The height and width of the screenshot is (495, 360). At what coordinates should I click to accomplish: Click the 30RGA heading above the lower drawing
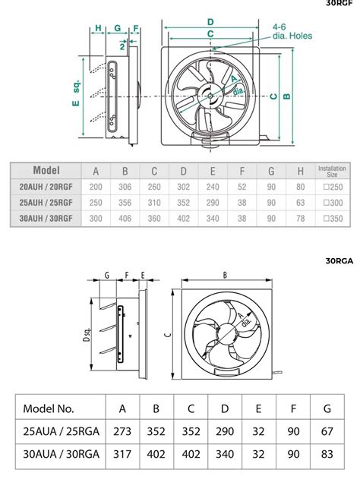pos(339,261)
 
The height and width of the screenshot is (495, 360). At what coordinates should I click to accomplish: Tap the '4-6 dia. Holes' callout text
pos(292,32)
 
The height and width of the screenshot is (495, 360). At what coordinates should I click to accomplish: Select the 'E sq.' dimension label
pos(76,93)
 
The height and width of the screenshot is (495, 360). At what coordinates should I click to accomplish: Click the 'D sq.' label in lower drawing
pos(87,334)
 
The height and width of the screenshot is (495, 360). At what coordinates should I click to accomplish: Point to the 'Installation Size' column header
pos(332,171)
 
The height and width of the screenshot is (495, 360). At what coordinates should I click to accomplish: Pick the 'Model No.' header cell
pos(49,408)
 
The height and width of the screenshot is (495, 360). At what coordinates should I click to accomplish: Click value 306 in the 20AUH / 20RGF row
pos(125,187)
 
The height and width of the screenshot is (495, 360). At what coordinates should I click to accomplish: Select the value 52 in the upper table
pos(242,187)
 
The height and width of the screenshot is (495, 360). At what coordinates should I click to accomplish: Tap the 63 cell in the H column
pos(300,203)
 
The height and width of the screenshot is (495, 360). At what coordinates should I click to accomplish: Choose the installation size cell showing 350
pos(333,219)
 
